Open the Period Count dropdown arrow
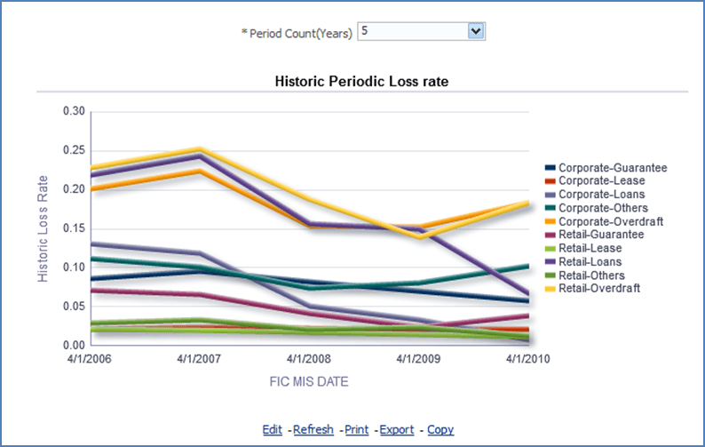click(x=476, y=31)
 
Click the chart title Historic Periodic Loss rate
click(x=361, y=81)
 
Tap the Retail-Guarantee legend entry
click(x=601, y=235)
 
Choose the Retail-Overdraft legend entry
click(x=601, y=288)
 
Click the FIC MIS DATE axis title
click(x=308, y=380)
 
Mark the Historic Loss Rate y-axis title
click(x=43, y=228)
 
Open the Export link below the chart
click(x=397, y=429)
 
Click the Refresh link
click(x=313, y=429)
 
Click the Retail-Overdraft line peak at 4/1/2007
click(x=200, y=149)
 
